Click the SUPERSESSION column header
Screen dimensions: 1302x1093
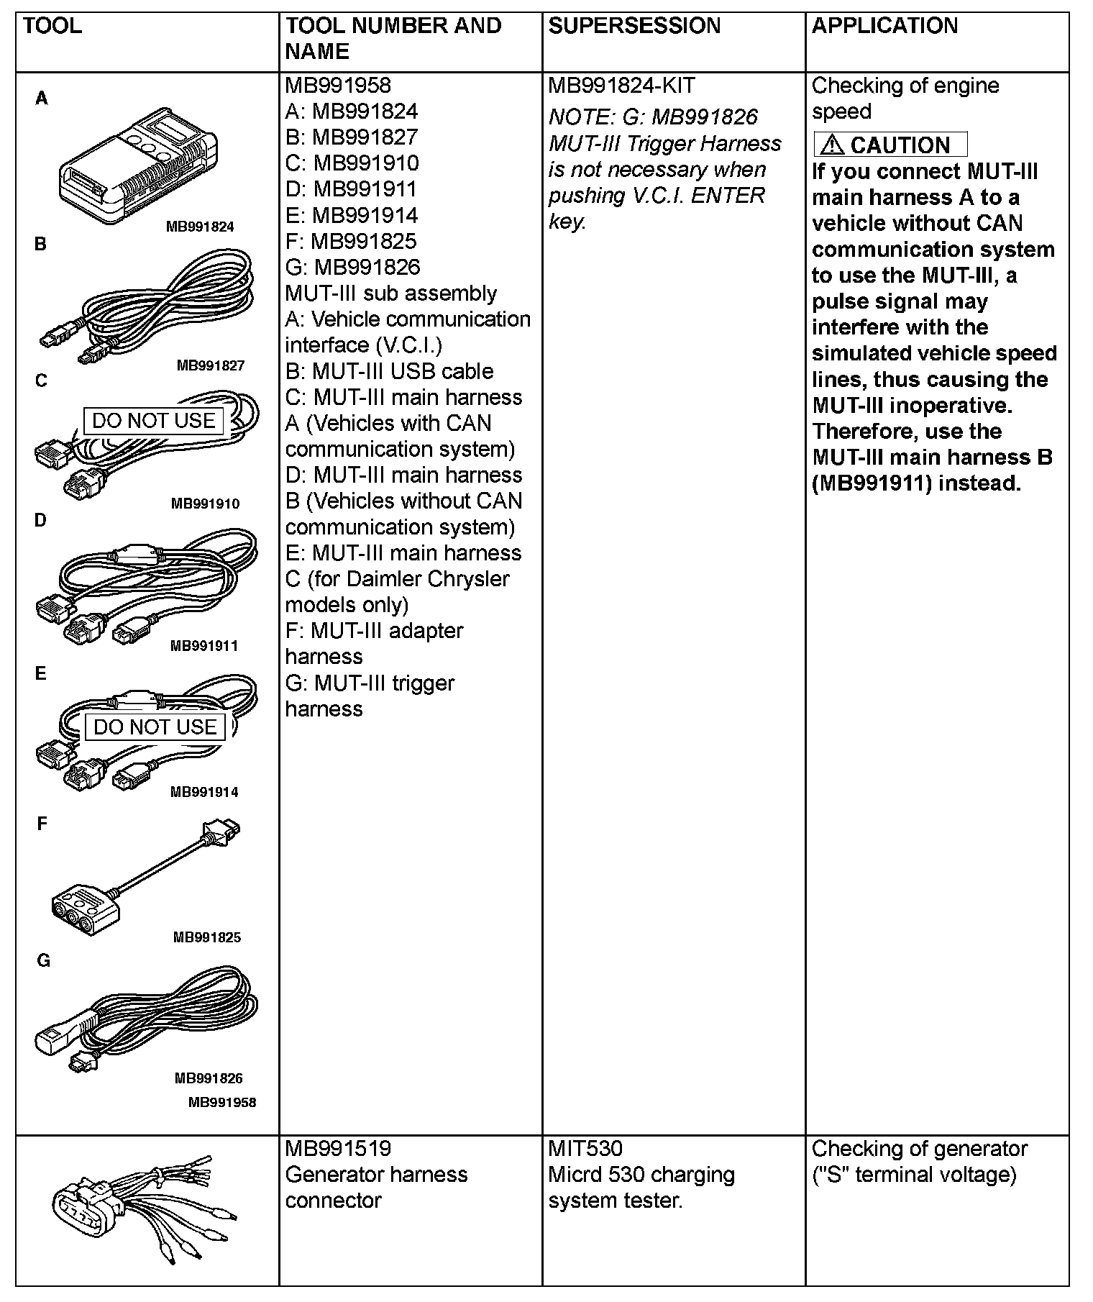pos(634,26)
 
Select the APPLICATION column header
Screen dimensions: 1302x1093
pos(884,26)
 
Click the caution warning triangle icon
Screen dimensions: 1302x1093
pos(832,145)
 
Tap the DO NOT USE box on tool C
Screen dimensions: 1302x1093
pos(154,421)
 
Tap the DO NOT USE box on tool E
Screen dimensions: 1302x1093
pos(155,727)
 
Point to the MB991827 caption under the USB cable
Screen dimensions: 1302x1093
pos(211,365)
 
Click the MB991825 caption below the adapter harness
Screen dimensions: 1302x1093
pos(207,937)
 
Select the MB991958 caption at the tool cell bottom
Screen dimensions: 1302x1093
pos(222,1102)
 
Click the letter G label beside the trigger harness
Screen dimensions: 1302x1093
pos(43,961)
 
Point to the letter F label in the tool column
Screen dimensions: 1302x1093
pos(42,824)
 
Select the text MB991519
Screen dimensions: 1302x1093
pos(338,1149)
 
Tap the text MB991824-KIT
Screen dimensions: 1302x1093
pos(621,86)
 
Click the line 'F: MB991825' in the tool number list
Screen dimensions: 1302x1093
pos(351,242)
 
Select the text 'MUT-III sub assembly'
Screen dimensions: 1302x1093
pos(391,293)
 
